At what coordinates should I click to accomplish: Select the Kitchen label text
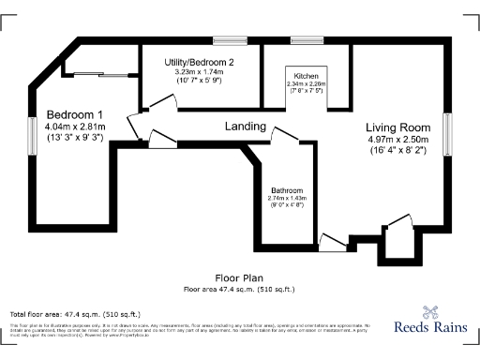(x=307, y=75)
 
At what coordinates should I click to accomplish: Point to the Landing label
(x=245, y=126)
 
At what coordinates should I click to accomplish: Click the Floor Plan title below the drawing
(x=240, y=278)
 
